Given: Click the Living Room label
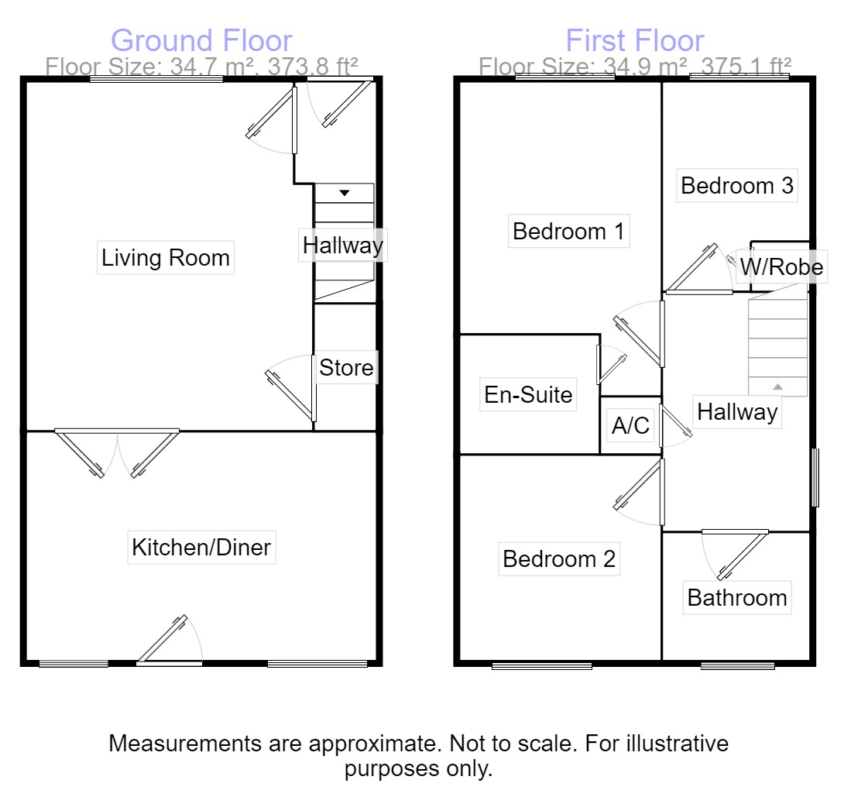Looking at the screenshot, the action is [x=166, y=258].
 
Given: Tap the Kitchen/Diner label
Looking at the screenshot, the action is [x=201, y=548].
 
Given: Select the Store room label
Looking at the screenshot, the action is [x=346, y=368].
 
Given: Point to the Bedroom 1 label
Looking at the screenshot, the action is [x=569, y=231].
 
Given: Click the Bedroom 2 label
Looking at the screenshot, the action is [x=559, y=558].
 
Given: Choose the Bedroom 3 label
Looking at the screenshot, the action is [x=737, y=186].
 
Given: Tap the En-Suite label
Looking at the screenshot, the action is [x=528, y=394].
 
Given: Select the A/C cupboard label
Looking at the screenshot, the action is [x=630, y=425].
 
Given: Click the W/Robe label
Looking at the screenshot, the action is [x=781, y=267].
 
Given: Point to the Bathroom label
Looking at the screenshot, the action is [x=737, y=598].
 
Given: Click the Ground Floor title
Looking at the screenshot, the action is [x=201, y=40].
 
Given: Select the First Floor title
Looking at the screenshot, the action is [x=635, y=40].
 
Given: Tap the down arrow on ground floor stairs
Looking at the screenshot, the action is [x=344, y=192].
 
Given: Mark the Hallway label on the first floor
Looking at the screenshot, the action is [x=736, y=412].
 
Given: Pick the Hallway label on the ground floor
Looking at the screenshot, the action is [x=342, y=246].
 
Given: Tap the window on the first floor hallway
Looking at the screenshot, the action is [x=814, y=477].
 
